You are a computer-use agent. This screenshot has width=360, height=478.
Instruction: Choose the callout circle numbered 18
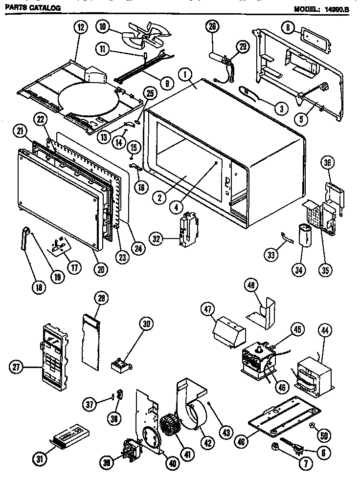coord(38,287)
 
